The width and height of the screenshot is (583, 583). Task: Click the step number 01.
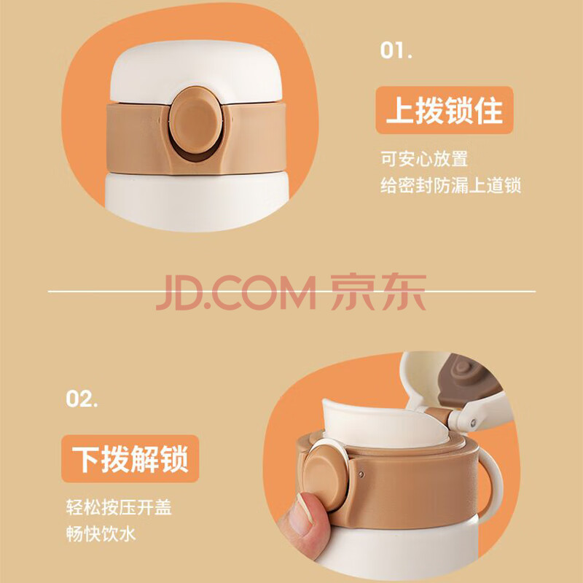click(x=396, y=50)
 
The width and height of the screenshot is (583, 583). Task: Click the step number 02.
click(x=82, y=399)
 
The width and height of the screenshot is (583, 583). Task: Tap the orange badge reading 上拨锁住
click(x=445, y=110)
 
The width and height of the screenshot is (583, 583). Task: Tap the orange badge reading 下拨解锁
click(x=130, y=459)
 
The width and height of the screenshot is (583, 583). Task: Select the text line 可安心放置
click(x=424, y=159)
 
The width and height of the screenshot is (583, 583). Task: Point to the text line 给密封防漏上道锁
click(x=450, y=185)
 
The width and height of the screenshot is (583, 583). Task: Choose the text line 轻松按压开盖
click(x=119, y=507)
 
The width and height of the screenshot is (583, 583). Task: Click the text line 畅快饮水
click(x=101, y=534)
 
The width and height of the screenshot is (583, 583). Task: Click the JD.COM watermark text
click(x=235, y=293)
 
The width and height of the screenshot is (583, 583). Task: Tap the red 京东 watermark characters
click(x=378, y=292)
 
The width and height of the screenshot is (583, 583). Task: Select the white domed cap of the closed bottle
click(x=196, y=71)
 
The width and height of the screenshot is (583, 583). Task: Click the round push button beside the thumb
click(x=325, y=478)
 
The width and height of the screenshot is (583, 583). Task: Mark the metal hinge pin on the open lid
click(x=473, y=423)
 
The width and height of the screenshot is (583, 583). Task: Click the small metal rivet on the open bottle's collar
click(x=361, y=474)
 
